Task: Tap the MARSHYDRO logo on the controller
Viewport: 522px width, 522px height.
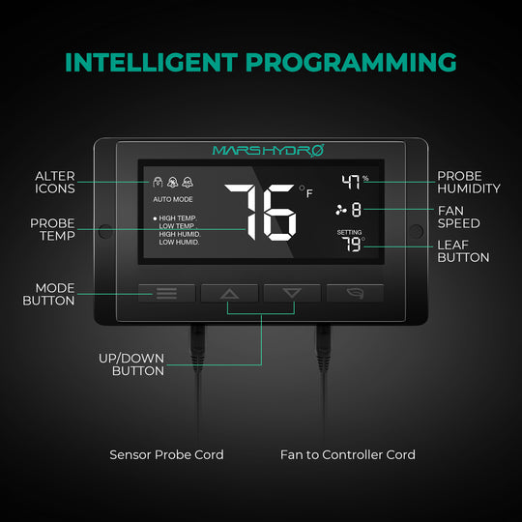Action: click(x=260, y=150)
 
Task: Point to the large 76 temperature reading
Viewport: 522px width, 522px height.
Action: click(x=261, y=212)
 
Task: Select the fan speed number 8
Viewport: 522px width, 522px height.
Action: click(x=356, y=210)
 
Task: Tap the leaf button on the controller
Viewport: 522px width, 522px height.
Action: click(x=355, y=293)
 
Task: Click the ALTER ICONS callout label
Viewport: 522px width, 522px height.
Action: click(x=55, y=183)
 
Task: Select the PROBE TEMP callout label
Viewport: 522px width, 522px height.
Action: click(x=52, y=229)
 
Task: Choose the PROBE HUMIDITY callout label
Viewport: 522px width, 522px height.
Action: click(x=469, y=183)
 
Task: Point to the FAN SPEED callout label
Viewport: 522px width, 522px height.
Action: click(x=459, y=217)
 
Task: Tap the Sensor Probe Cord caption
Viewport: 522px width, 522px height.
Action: click(x=166, y=454)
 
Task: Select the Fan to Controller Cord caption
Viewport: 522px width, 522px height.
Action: click(x=348, y=454)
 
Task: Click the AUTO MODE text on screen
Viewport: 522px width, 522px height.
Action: click(x=172, y=198)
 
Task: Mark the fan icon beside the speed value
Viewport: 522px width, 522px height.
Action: click(x=339, y=210)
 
